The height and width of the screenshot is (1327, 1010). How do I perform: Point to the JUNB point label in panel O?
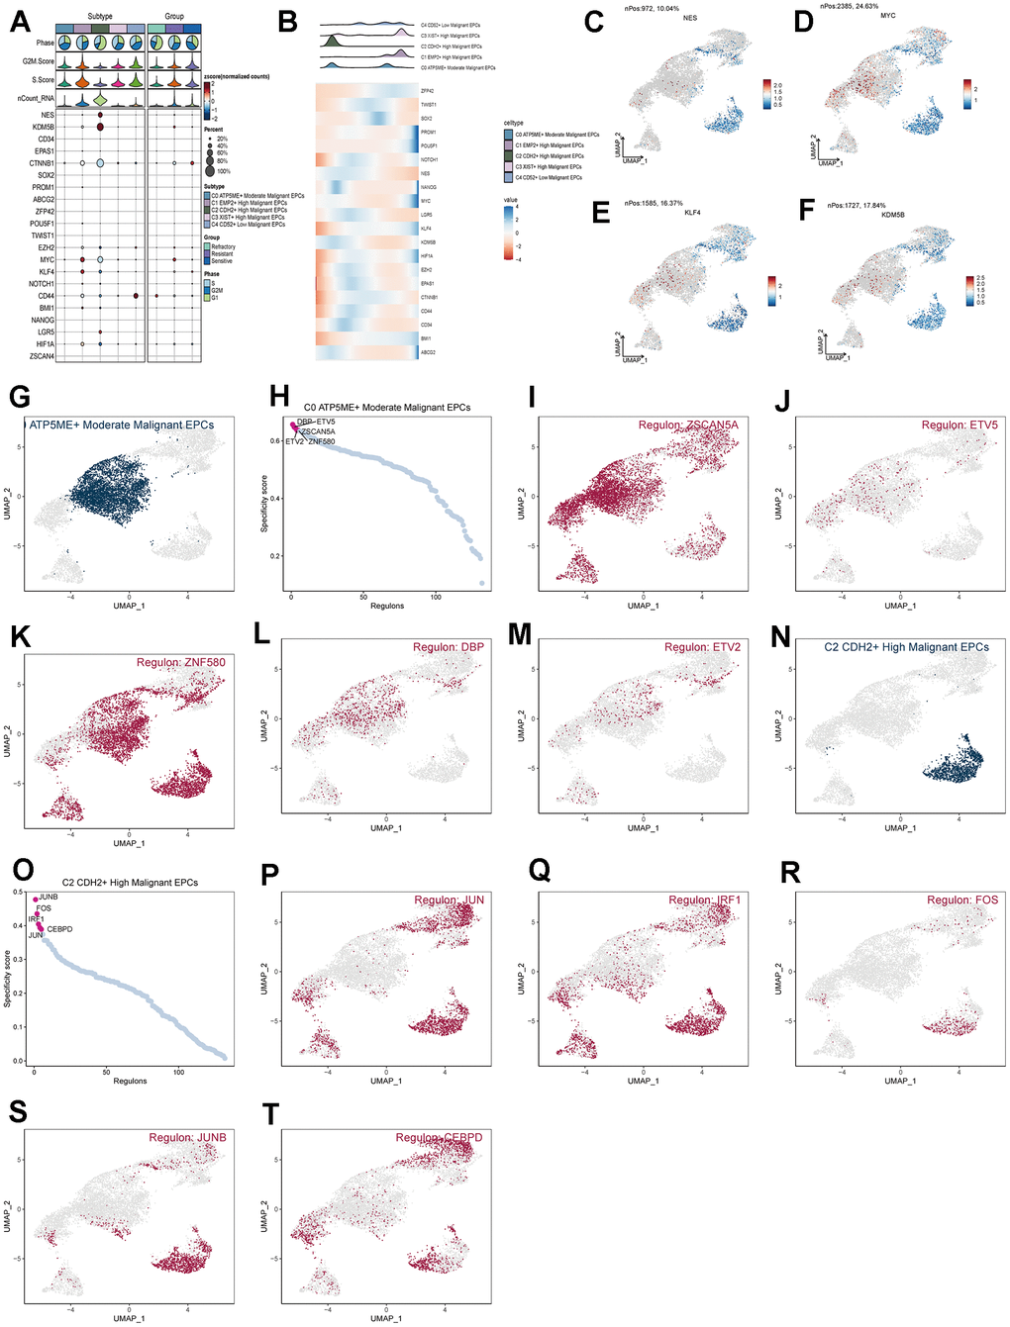(48, 897)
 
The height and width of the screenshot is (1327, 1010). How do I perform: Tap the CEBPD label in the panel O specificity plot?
(59, 929)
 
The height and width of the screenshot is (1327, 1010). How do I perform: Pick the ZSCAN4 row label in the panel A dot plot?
(42, 356)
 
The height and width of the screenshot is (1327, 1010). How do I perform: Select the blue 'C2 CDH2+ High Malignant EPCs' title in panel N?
(906, 647)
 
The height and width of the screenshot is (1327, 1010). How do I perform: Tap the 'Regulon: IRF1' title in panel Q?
(704, 900)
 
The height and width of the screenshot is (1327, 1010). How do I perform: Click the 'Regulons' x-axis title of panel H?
(387, 606)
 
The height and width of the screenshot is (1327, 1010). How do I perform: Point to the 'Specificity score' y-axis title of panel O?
(7, 979)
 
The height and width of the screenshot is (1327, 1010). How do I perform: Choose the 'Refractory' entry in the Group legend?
(223, 246)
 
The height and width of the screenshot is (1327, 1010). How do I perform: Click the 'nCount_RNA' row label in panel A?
(36, 98)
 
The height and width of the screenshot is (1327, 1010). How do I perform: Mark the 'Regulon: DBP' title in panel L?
(449, 647)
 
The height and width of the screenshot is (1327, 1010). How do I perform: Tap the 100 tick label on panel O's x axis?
(179, 1072)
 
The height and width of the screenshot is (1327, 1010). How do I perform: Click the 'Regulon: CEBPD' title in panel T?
(439, 1137)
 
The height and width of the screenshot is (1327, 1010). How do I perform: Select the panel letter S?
(17, 1111)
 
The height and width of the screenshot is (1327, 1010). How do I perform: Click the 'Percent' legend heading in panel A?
(213, 130)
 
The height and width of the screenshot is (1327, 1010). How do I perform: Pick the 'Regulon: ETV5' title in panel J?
(959, 425)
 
